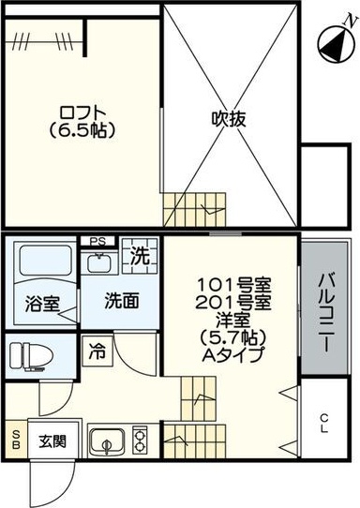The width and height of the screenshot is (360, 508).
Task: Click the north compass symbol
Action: click(x=335, y=45)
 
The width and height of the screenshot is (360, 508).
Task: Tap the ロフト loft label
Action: click(x=82, y=113)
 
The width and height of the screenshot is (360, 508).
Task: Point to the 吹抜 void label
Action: click(x=229, y=119)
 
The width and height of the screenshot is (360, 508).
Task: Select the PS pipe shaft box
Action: click(x=97, y=242)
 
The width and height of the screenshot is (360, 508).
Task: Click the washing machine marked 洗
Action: click(x=140, y=256)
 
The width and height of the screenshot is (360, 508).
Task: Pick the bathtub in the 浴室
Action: click(x=45, y=261)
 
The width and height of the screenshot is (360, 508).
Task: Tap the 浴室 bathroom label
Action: click(x=42, y=305)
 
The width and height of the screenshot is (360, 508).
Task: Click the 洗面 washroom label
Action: click(x=122, y=301)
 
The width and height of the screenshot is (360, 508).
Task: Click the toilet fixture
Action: click(x=31, y=356)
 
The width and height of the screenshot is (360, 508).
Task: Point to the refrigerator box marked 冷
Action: click(x=97, y=351)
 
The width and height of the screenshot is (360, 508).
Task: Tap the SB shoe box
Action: click(x=16, y=439)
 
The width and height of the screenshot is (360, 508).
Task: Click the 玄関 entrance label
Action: click(x=52, y=441)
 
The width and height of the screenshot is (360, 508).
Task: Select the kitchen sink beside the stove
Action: click(x=107, y=441)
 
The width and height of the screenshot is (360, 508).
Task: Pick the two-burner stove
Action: click(x=141, y=441)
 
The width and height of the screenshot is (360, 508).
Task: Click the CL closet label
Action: click(x=323, y=424)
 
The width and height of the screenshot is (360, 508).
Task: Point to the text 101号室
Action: click(x=234, y=285)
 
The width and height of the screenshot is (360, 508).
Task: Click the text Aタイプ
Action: click(x=233, y=354)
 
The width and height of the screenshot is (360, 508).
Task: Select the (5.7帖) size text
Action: click(x=233, y=337)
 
